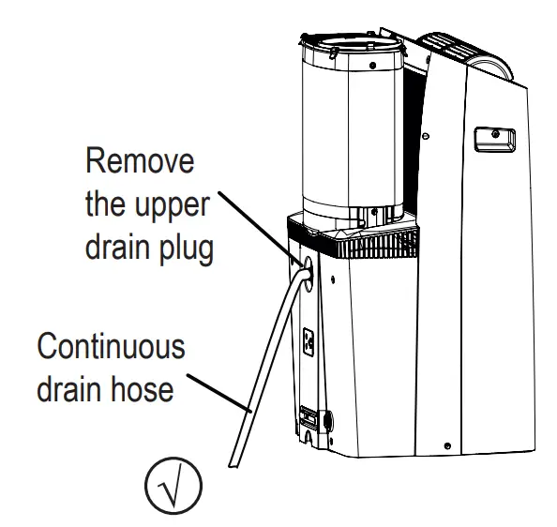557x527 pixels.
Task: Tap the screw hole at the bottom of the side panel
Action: point(447,442)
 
